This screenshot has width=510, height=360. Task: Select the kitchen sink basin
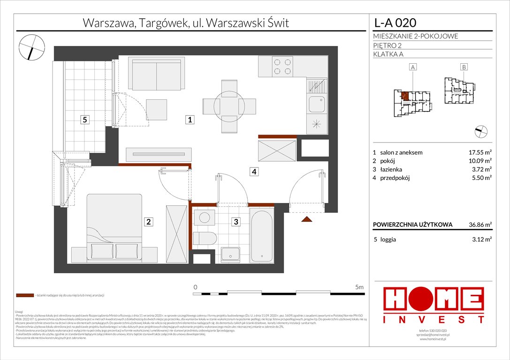pos(317,103)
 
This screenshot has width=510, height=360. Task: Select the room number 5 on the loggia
pos(84,120)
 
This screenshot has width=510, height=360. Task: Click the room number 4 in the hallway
pos(253,172)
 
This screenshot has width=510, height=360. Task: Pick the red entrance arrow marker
pos(307,219)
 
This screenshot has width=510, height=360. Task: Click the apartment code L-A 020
pos(394,22)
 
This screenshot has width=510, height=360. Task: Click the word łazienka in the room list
pos(392,169)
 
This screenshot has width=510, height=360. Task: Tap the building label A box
pos(413,67)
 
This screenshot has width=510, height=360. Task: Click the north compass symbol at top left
pos(31,47)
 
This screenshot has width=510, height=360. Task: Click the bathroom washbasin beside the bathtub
pos(231,254)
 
